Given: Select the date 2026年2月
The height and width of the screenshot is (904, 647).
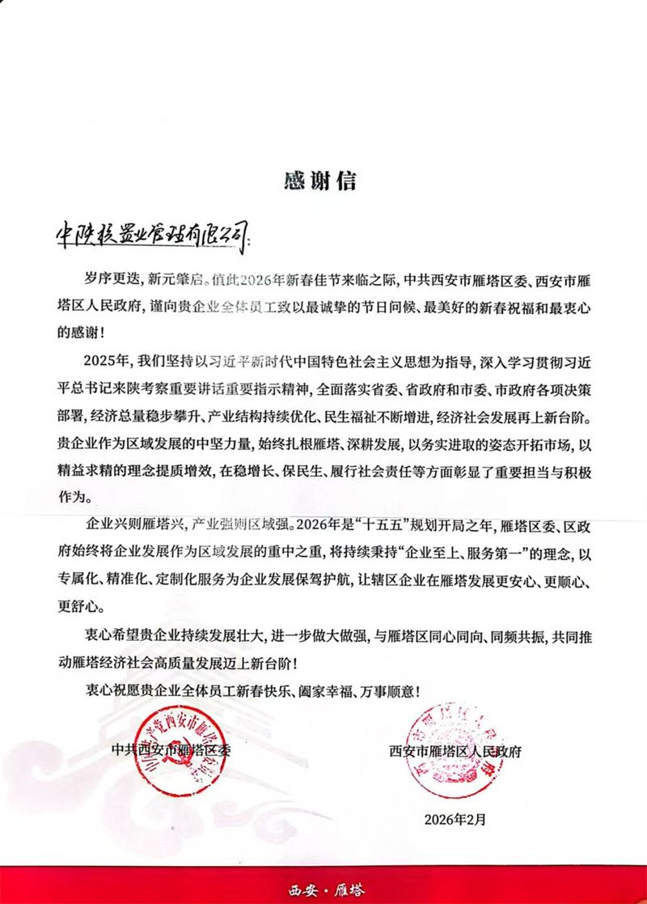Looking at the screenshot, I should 455,820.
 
